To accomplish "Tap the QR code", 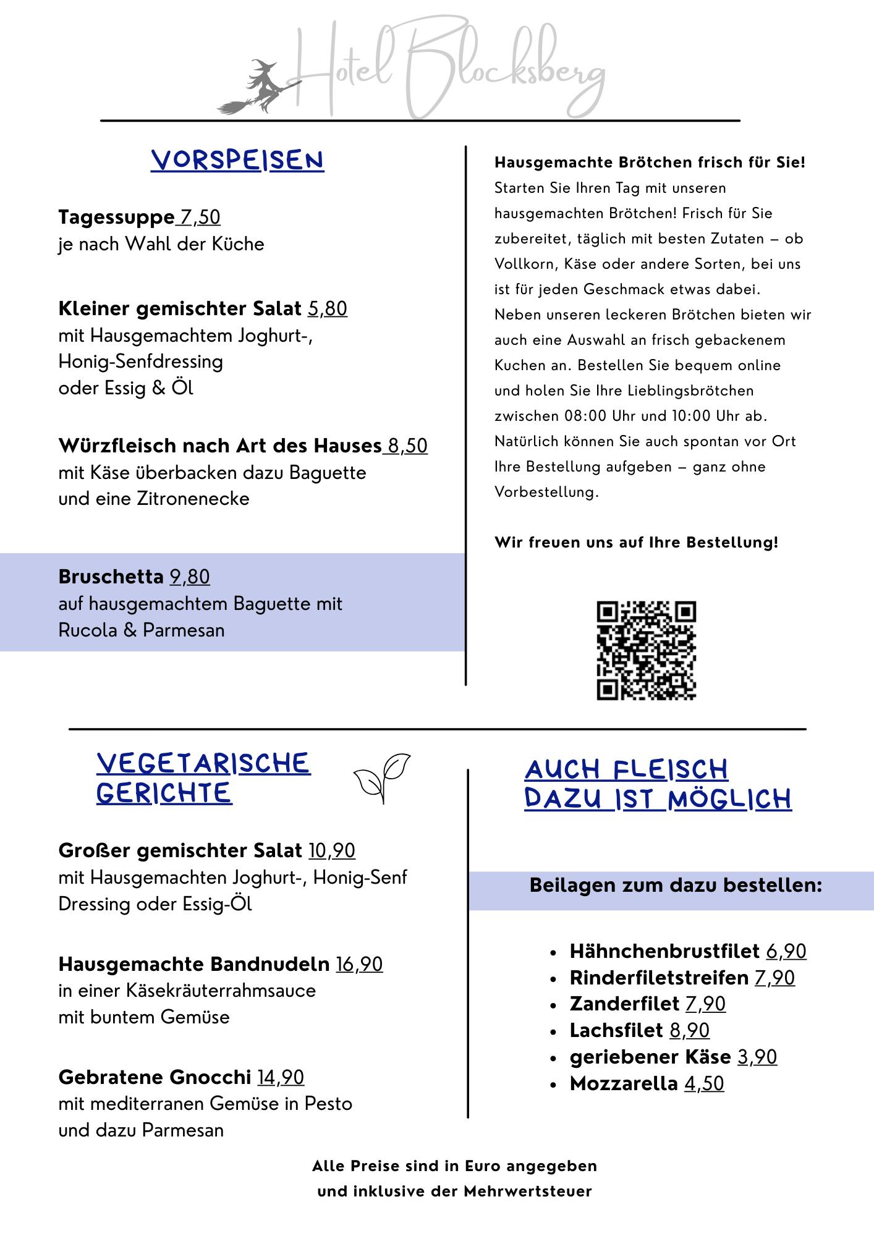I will click(646, 650).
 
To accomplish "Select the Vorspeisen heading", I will click(237, 161).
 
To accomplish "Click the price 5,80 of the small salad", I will click(328, 308).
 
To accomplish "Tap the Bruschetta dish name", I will click(111, 577).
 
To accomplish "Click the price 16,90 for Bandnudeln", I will click(359, 964).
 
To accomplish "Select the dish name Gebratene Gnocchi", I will click(155, 1077).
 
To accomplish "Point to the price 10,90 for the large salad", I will click(332, 851).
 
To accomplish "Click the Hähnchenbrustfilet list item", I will click(664, 951).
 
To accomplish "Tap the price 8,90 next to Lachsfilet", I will click(689, 1030).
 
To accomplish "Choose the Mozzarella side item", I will click(624, 1083).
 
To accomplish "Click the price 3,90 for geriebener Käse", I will click(757, 1057).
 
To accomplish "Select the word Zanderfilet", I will click(624, 1004).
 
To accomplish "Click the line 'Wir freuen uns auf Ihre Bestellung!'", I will click(636, 543).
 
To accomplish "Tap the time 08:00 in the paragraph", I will click(585, 416).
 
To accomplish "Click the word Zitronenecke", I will click(193, 499).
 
